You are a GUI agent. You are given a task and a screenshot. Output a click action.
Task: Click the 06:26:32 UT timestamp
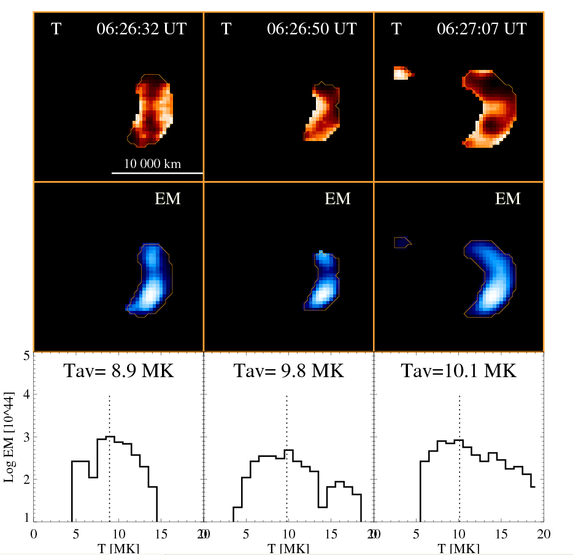click(x=141, y=29)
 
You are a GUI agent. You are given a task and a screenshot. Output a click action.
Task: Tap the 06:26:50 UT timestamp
click(x=312, y=29)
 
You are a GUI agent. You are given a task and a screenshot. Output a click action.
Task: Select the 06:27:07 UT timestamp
click(x=482, y=29)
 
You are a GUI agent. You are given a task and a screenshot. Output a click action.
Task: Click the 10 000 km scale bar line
click(x=157, y=173)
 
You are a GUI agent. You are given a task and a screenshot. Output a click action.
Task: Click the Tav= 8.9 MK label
click(x=118, y=371)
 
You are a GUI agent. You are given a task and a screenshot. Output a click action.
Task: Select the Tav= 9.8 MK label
click(x=288, y=371)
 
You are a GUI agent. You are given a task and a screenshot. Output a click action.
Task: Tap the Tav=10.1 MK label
click(x=458, y=371)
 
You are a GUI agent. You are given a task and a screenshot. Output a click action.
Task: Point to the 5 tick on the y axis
click(x=26, y=355)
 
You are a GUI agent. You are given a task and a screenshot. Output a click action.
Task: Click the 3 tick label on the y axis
click(x=26, y=437)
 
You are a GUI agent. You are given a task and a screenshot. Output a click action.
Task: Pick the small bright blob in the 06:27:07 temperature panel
click(x=402, y=73)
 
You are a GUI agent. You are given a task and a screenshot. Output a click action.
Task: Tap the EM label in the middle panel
click(x=337, y=199)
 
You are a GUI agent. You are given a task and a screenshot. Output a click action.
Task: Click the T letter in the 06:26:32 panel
click(x=56, y=29)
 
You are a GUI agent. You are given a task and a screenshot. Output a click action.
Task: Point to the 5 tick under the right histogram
click(x=415, y=533)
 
